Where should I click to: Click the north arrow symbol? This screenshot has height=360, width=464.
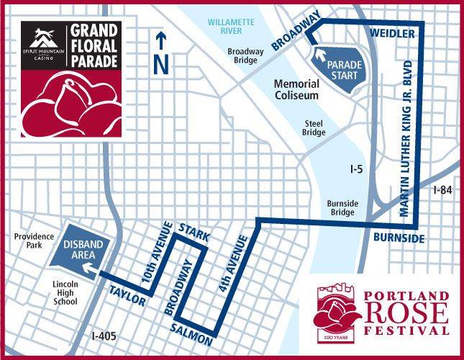[x=162, y=54]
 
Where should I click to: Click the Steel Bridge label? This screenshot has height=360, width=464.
[x=314, y=127]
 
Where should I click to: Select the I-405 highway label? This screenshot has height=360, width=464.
[x=104, y=336]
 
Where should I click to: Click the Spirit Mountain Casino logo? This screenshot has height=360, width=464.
[x=43, y=47]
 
